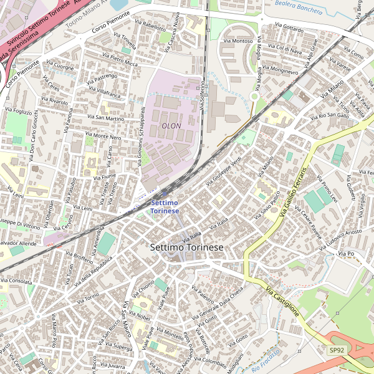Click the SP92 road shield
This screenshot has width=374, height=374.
337,350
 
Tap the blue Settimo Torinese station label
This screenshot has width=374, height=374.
165,207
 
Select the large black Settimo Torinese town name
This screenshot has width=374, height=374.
186,247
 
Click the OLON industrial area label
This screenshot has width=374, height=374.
171,125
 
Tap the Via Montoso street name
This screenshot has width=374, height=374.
234,41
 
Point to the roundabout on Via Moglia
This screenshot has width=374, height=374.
254,96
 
